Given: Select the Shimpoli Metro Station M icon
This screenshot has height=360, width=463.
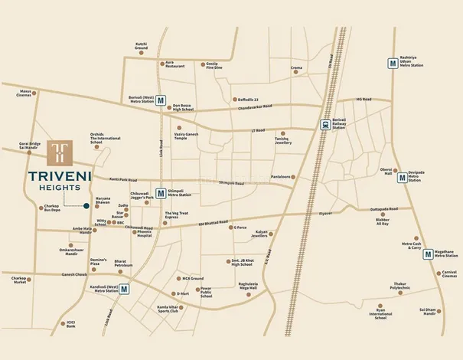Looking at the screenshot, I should (x=161, y=193).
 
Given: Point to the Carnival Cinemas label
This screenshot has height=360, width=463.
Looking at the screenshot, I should (x=449, y=273).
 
